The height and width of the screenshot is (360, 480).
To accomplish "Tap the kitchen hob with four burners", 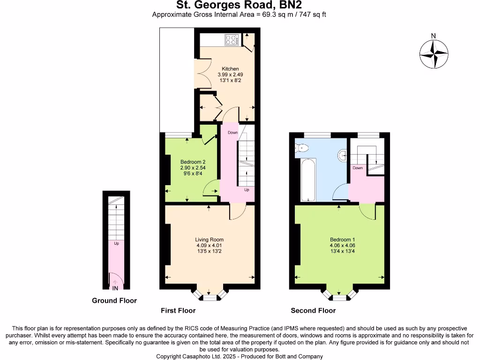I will [x=232, y=40].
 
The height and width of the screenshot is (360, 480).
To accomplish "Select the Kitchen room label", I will [x=230, y=69].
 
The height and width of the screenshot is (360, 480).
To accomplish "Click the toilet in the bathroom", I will [x=301, y=149].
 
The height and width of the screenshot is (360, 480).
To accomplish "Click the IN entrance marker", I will [x=115, y=287].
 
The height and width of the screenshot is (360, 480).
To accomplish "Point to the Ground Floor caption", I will [x=114, y=300].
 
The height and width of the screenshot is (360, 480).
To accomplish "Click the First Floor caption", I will [x=178, y=310].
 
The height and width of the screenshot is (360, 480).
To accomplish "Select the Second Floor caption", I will [x=313, y=310].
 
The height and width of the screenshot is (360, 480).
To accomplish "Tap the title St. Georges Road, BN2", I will [x=239, y=5].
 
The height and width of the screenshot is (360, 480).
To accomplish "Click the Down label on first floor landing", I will [x=233, y=133].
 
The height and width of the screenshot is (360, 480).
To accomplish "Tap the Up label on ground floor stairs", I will [x=116, y=243].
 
